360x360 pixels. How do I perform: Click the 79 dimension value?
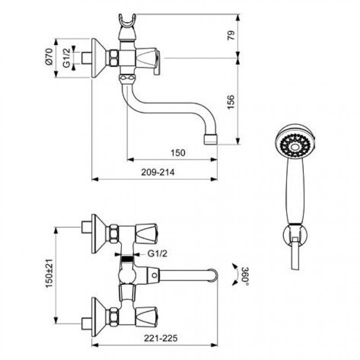coord(231,36)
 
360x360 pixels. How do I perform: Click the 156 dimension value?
coord(231,102)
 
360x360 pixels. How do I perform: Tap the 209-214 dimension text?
coord(158,172)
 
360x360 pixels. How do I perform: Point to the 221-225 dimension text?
coord(161,338)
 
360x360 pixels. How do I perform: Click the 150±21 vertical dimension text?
coord(49,273)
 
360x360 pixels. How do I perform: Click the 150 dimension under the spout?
coord(178,153)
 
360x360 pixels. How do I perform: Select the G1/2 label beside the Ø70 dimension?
coord(66,58)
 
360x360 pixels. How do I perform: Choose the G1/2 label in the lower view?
coord(157,254)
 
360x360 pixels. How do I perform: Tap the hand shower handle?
coord(295,190)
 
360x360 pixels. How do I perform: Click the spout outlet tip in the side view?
coord(211,139)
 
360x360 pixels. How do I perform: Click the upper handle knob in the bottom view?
coord(147,234)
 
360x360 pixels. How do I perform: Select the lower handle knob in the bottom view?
coord(147,317)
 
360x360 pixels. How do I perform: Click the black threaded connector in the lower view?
coord(127,259)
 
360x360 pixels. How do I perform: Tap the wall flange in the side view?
coord(99,58)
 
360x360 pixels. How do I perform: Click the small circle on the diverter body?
coord(154,275)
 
